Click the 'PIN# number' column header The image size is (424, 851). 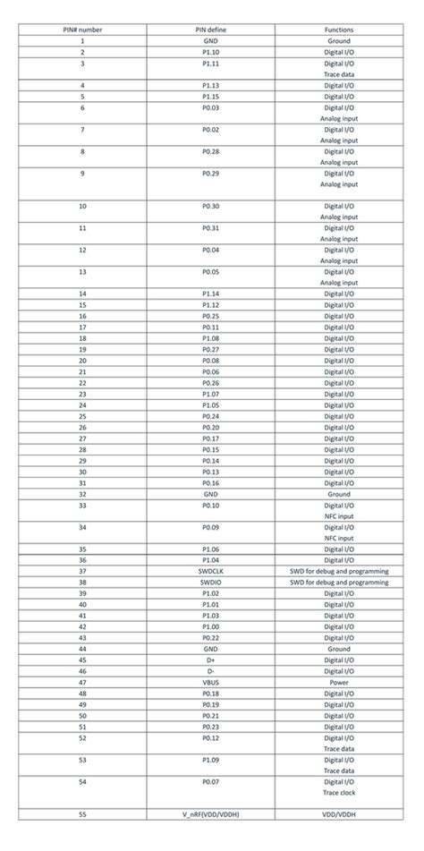(x=82, y=30)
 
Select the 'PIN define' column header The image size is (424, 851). (x=211, y=30)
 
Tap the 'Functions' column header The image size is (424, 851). (x=338, y=30)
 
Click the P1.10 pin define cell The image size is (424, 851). (x=211, y=53)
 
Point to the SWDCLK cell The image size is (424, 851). (x=211, y=571)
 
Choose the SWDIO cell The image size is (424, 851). (x=211, y=582)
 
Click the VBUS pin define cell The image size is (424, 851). (x=211, y=681)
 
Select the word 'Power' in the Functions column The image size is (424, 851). (x=338, y=681)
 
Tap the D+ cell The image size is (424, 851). (x=211, y=659)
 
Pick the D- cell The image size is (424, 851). (x=211, y=670)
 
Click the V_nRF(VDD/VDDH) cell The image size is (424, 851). (x=211, y=813)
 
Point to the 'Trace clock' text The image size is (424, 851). (x=338, y=792)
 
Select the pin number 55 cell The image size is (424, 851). (x=82, y=813)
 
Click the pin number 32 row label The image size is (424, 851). (x=82, y=494)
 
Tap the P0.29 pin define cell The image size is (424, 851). (x=211, y=174)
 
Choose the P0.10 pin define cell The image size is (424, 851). (x=211, y=505)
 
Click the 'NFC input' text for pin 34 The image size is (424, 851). (x=338, y=538)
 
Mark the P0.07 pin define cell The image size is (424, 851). (x=211, y=780)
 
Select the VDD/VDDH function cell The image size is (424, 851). (x=338, y=813)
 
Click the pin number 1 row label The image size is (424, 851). (x=82, y=41)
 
